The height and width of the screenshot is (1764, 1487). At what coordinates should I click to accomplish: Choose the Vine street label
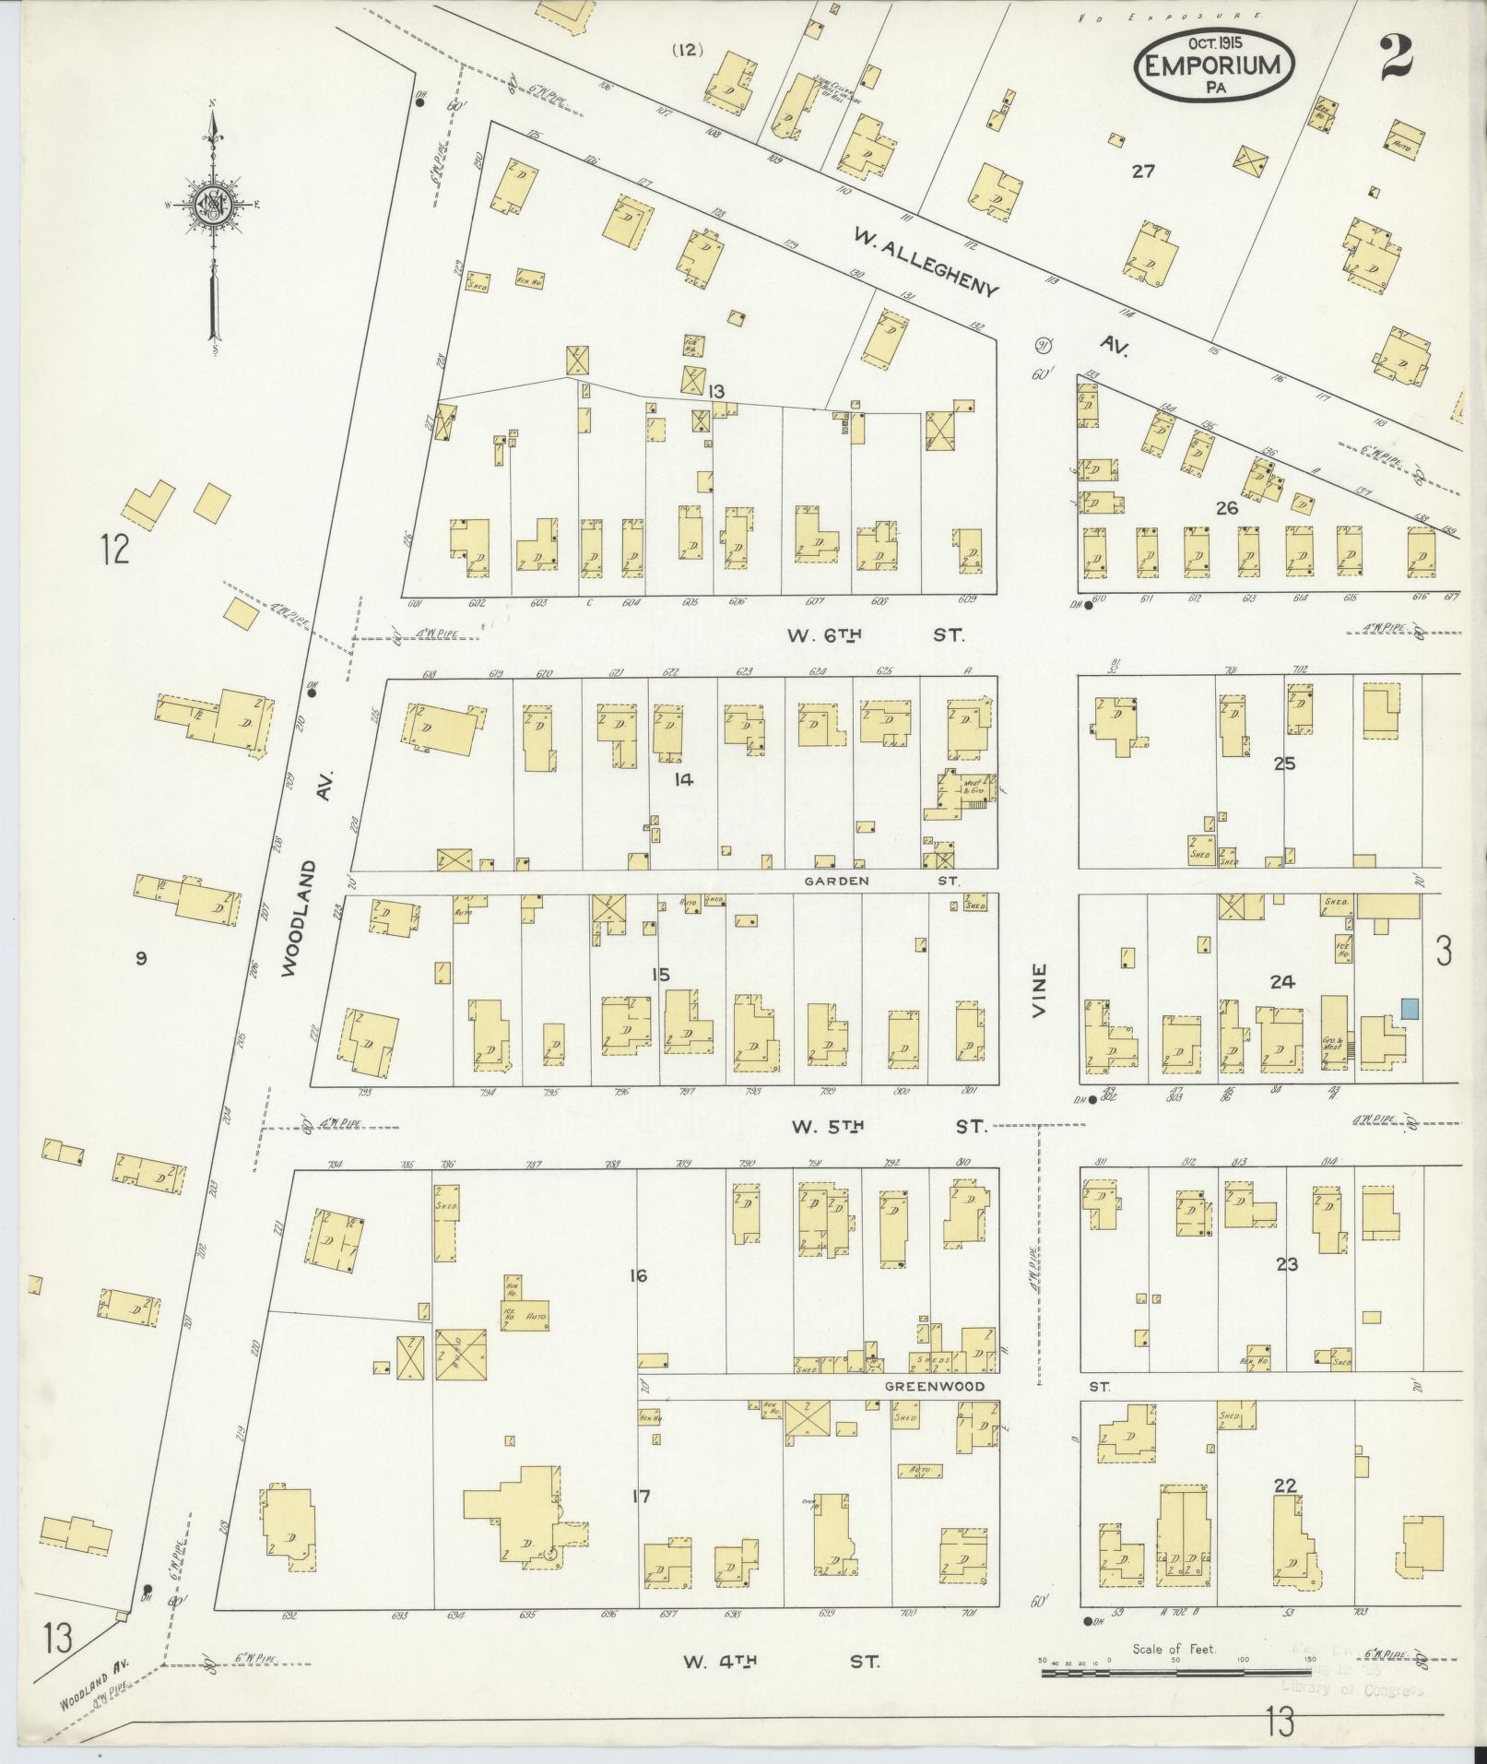coord(1041,990)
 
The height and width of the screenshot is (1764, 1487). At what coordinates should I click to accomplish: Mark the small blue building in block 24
coord(1410,1008)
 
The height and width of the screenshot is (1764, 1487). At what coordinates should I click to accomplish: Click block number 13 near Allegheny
coord(716,391)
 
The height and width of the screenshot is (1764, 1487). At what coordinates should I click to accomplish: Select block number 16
coord(637,1276)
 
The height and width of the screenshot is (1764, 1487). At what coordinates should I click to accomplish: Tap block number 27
coord(1143,171)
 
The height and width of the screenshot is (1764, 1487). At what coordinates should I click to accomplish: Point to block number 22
coord(1285,1486)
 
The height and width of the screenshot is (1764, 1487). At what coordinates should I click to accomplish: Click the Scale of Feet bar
coord(1176,1672)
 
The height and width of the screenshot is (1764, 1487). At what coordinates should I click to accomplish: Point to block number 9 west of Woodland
coord(141,959)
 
